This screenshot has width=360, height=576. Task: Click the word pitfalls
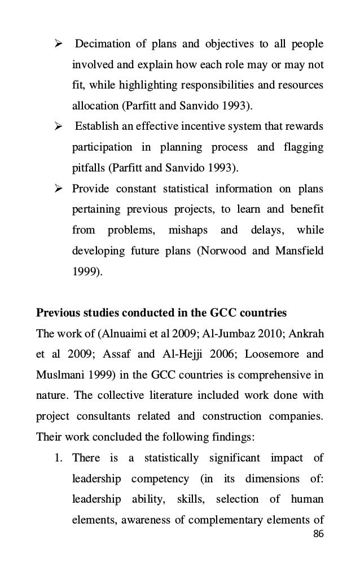(89, 168)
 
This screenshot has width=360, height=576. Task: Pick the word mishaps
(188, 230)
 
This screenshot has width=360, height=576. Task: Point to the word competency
(160, 478)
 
